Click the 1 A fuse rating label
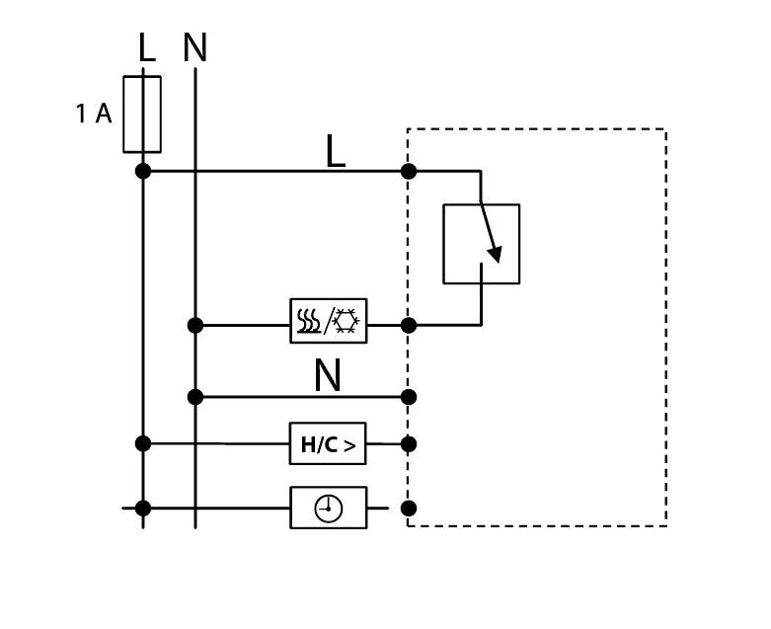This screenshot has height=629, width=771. click(x=94, y=115)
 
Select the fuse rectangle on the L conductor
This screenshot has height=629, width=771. click(x=142, y=115)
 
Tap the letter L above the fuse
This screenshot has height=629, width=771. click(x=146, y=48)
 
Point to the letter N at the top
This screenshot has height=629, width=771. click(x=194, y=48)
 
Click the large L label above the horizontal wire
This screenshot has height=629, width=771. click(x=335, y=152)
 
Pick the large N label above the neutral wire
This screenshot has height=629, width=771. click(x=327, y=376)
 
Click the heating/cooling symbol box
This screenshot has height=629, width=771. click(x=328, y=321)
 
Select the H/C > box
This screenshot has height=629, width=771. click(x=328, y=444)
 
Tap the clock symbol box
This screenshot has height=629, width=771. click(x=328, y=508)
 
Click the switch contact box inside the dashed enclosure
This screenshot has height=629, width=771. click(x=481, y=244)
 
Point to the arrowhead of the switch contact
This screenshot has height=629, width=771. click(x=495, y=255)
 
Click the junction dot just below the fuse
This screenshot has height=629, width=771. click(x=143, y=171)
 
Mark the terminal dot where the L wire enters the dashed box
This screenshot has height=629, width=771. click(x=409, y=171)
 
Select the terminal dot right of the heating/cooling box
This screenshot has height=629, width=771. click(x=409, y=325)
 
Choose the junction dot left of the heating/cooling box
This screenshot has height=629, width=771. click(x=195, y=325)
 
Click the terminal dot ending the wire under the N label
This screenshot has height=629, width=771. click(x=409, y=397)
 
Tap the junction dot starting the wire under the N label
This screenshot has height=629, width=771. click(x=195, y=397)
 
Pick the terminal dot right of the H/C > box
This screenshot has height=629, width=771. click(x=409, y=444)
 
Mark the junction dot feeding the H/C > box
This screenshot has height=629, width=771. click(x=143, y=443)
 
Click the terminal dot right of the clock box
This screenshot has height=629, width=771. click(x=409, y=509)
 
